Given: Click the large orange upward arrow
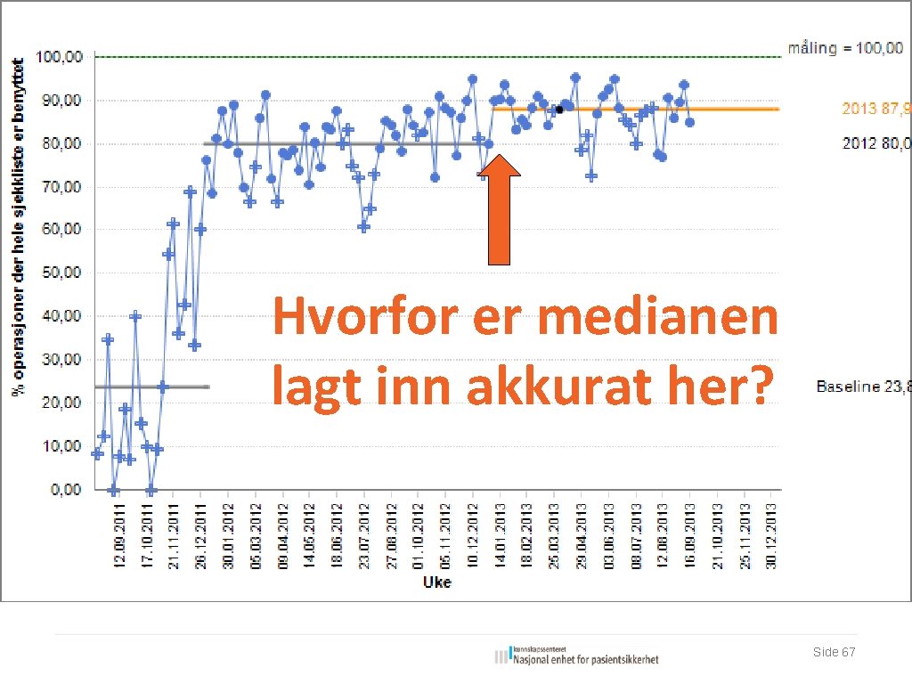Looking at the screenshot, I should pyautogui.click(x=501, y=210).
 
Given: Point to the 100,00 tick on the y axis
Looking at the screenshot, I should pyautogui.click(x=60, y=57).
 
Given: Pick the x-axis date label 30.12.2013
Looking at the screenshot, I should pyautogui.click(x=772, y=533).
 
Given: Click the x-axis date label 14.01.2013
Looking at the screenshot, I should pyautogui.click(x=500, y=533).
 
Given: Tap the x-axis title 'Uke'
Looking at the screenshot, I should pyautogui.click(x=436, y=582).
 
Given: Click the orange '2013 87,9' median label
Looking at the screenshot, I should pyautogui.click(x=876, y=109).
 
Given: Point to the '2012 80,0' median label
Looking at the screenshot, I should pyautogui.click(x=876, y=142).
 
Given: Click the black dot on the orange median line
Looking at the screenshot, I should pyautogui.click(x=559, y=110).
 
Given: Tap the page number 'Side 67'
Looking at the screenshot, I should pyautogui.click(x=834, y=653).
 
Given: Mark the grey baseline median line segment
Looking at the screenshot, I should pyautogui.click(x=151, y=387).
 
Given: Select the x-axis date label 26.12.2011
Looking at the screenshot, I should pyautogui.click(x=200, y=533).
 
